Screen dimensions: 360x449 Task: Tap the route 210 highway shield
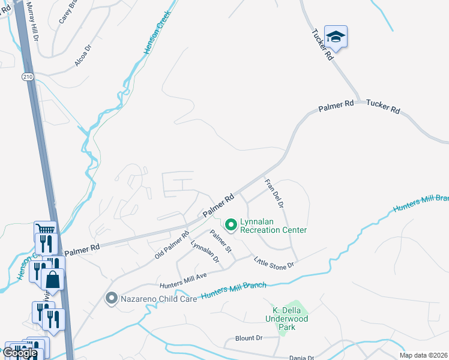pyautogui.click(x=28, y=77)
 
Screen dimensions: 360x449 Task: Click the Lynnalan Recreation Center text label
pyautogui.click(x=273, y=226)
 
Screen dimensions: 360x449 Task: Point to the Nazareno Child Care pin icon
pyautogui.click(x=110, y=298)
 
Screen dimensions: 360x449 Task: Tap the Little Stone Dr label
pyautogui.click(x=274, y=263)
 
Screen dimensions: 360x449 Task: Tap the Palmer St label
pyautogui.click(x=221, y=241)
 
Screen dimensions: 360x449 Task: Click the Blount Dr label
pyautogui.click(x=249, y=338)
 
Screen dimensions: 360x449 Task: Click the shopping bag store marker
pyautogui.click(x=53, y=278)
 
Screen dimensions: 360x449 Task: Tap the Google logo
pyautogui.click(x=20, y=353)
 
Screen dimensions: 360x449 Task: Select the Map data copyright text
pyautogui.click(x=424, y=355)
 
